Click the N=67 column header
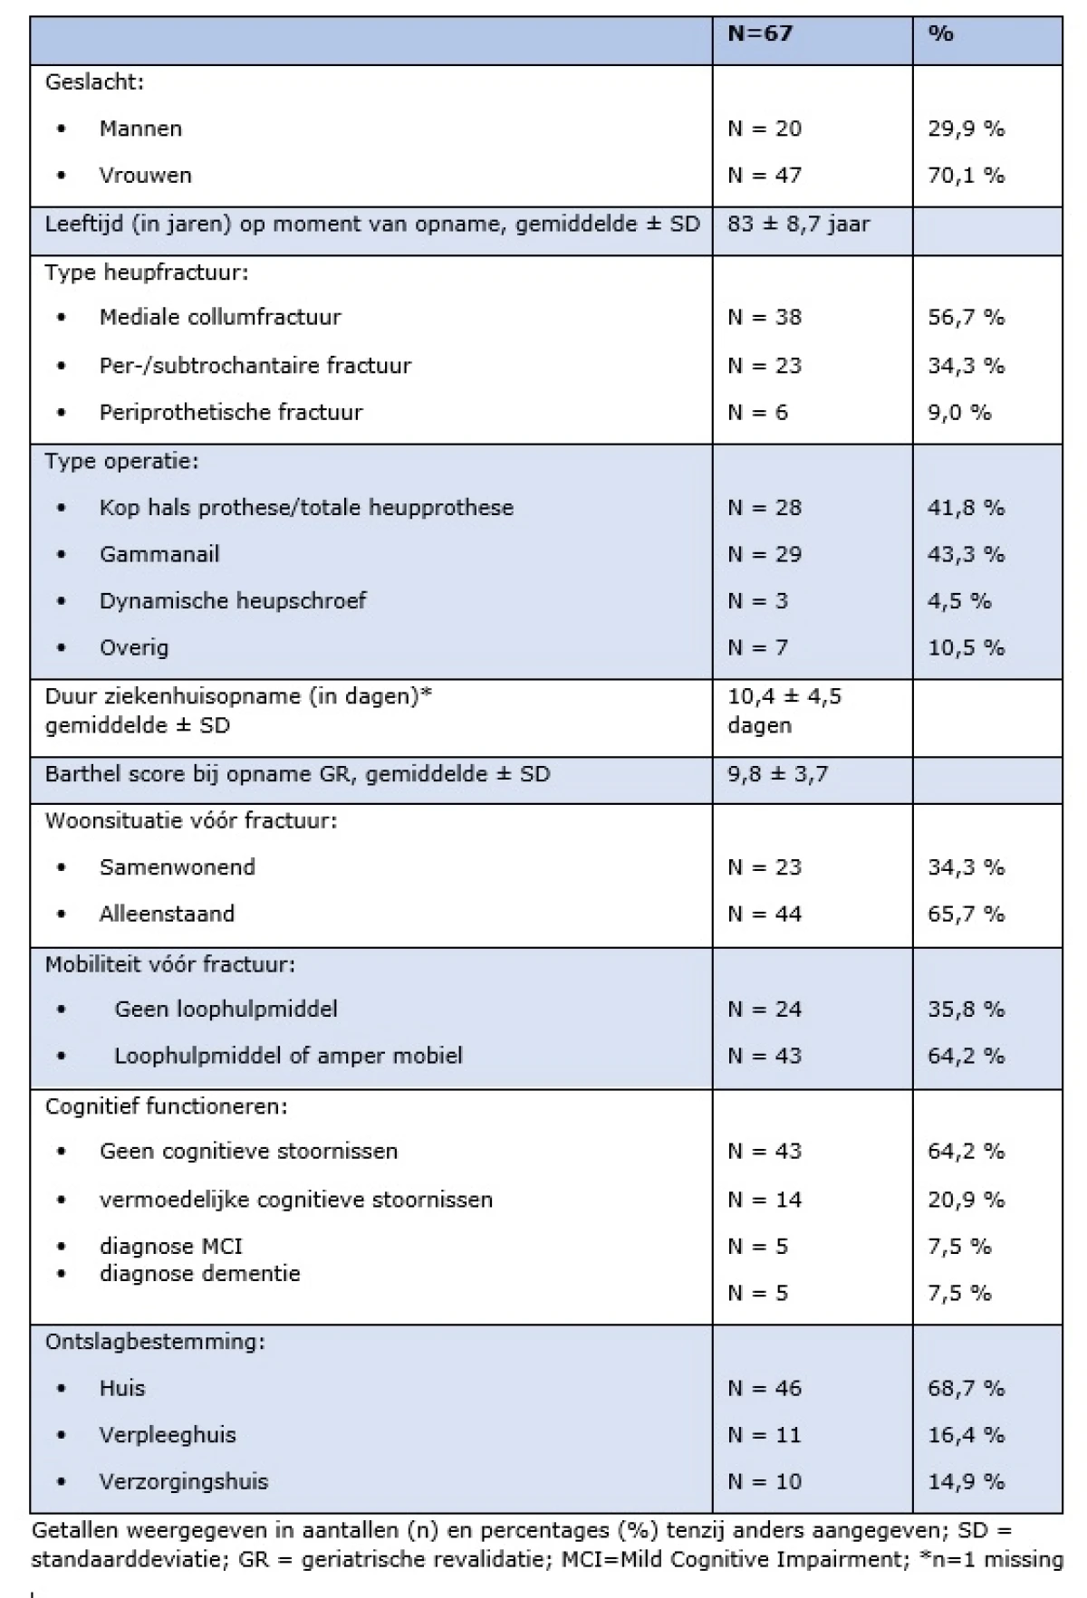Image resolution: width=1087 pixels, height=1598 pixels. pyautogui.click(x=760, y=34)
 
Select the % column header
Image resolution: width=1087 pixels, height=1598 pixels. pyautogui.click(x=941, y=34)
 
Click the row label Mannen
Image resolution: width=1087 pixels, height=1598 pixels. pyautogui.click(x=140, y=129)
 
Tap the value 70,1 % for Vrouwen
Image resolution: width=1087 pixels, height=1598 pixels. pyautogui.click(x=966, y=176)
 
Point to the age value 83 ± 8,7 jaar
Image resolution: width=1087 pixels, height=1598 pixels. pyautogui.click(x=798, y=224)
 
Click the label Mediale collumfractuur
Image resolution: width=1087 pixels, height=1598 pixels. pyautogui.click(x=220, y=318)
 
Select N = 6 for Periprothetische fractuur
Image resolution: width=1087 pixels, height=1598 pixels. pyautogui.click(x=757, y=413)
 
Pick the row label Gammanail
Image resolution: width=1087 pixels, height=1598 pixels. pyautogui.click(x=159, y=554)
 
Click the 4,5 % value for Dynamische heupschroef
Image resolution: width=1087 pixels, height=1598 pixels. pyautogui.click(x=959, y=601)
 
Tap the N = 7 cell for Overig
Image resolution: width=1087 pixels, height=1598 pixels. pyautogui.click(x=757, y=648)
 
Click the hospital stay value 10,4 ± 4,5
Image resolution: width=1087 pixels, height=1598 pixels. pyautogui.click(x=784, y=696)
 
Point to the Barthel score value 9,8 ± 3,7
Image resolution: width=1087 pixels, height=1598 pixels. pyautogui.click(x=777, y=774)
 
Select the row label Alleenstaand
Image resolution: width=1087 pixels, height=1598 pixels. pyautogui.click(x=167, y=914)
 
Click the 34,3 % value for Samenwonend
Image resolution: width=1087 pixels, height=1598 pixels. pyautogui.click(x=966, y=867)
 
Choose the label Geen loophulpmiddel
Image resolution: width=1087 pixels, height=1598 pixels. pyautogui.click(x=226, y=1010)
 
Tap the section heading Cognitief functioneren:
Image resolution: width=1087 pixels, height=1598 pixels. pyautogui.click(x=167, y=1106)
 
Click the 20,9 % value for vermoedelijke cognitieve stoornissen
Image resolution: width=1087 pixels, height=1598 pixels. pyautogui.click(x=966, y=1200)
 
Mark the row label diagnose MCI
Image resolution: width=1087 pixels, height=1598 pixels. pyautogui.click(x=171, y=1247)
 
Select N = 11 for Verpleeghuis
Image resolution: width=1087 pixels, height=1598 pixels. pyautogui.click(x=765, y=1435)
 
